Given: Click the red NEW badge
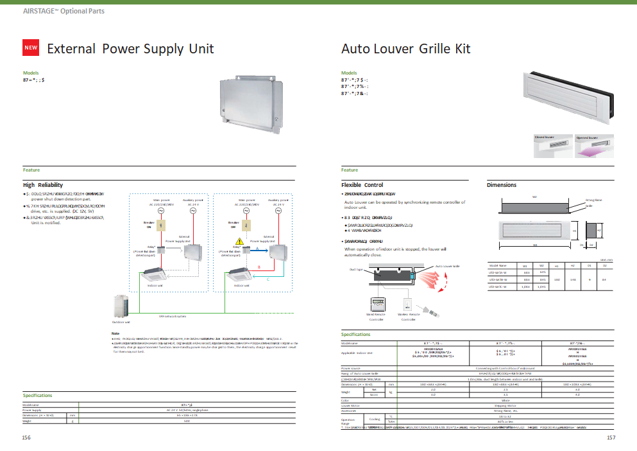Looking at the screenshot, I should click(31, 48).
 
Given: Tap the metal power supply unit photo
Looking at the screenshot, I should click(250, 101).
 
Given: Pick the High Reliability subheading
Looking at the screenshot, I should click(43, 185).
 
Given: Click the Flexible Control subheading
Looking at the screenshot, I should click(362, 185).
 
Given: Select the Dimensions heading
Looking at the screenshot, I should click(502, 185).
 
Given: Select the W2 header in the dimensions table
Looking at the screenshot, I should click(543, 265).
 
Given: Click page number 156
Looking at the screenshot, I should click(26, 437).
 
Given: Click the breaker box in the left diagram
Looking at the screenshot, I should click(162, 225).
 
